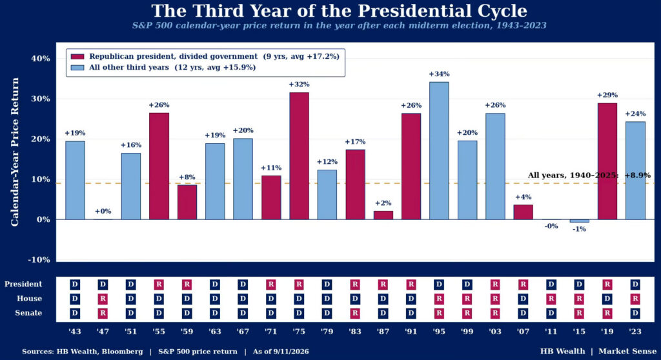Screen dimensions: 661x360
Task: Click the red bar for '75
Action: (299, 156)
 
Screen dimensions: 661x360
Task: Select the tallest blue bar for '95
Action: (439, 150)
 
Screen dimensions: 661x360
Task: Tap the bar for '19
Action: (607, 161)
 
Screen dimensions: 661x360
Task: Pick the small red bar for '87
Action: (383, 215)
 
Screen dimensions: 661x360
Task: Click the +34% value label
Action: (439, 74)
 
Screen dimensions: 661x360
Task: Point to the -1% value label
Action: (579, 229)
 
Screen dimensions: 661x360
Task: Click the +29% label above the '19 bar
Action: (607, 95)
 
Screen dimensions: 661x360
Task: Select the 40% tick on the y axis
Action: (41, 59)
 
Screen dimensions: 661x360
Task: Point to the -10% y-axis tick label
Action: (39, 259)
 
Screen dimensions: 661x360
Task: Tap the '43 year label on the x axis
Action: (75, 332)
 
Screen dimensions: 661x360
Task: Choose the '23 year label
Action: (635, 332)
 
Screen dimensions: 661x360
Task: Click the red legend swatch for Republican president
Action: (77, 57)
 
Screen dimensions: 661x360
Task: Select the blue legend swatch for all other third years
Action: (77, 68)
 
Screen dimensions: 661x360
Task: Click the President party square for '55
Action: (159, 285)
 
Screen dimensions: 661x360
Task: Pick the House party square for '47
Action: (103, 299)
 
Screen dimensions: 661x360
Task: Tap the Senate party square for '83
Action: (355, 313)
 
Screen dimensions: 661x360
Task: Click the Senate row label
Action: (28, 313)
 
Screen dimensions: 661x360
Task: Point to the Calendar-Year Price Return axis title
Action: (15, 152)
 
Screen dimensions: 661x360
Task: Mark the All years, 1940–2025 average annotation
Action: (589, 175)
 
